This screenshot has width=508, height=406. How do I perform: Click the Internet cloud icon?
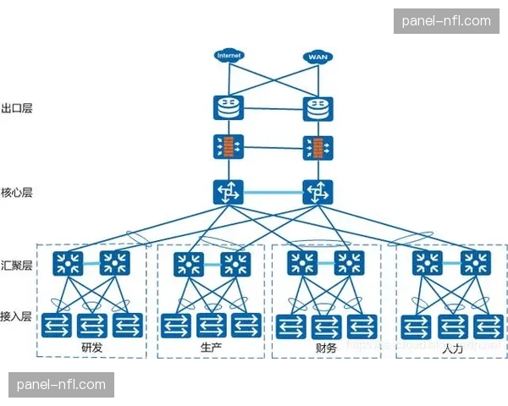click(x=229, y=56)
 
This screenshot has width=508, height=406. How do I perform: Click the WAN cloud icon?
click(x=317, y=57)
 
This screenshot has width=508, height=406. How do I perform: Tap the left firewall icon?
click(x=229, y=147)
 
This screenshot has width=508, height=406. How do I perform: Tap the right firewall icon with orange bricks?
click(x=317, y=147)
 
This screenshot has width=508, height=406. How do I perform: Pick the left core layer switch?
click(x=229, y=193)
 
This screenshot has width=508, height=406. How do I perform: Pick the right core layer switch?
click(x=317, y=193)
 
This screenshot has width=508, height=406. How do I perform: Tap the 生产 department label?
click(x=211, y=348)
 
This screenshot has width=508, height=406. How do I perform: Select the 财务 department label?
click(x=325, y=348)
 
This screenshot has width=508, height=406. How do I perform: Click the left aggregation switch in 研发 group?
click(x=66, y=263)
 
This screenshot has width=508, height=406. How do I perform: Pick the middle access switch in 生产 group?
click(x=211, y=325)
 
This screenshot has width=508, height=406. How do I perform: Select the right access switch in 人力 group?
click(x=487, y=325)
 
